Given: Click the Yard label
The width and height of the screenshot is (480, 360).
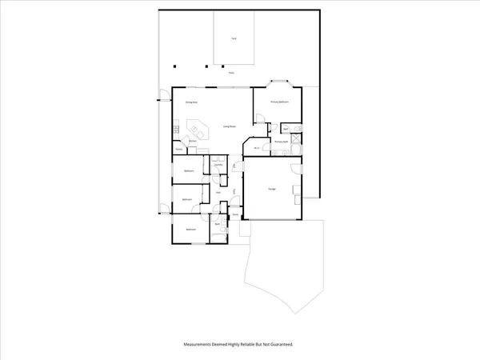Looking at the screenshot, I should pos(234,38).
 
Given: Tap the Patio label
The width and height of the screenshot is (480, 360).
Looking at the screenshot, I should pos(231,73).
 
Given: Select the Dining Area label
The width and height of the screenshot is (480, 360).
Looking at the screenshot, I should pos(192,102).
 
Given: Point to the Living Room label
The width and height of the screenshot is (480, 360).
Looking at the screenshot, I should pos(229,126).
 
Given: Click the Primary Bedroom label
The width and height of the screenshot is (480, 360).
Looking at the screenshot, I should pos(279,102).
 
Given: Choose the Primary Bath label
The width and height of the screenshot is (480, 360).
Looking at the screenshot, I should pos(281,141).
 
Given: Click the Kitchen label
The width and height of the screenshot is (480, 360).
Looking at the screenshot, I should pos(193,141).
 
